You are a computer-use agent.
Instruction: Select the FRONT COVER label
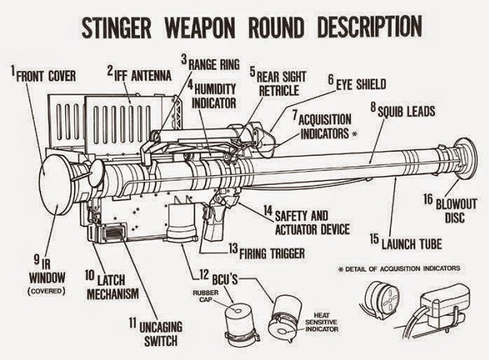(48, 76)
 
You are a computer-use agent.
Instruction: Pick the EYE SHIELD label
(359, 83)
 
